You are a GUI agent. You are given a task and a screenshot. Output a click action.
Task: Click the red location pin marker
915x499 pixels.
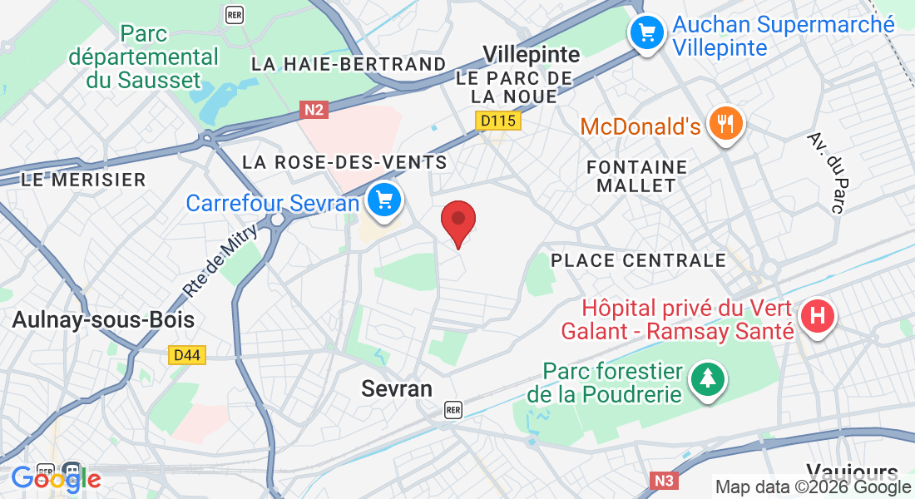[457, 220]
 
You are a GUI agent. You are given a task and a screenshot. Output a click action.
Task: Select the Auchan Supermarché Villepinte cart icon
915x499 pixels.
[646, 33]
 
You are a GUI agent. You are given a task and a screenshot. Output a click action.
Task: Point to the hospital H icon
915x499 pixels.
[818, 317]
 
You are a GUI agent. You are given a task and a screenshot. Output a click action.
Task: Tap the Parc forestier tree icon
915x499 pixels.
[707, 380]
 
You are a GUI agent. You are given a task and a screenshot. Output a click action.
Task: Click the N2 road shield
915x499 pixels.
[313, 109]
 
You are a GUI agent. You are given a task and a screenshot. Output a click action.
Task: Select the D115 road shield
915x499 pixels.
[497, 121]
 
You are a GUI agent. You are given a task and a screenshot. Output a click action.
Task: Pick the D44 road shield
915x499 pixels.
[186, 355]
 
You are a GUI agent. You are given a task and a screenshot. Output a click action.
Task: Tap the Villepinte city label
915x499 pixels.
[532, 56]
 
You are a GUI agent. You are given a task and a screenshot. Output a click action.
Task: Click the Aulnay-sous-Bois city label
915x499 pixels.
[103, 320]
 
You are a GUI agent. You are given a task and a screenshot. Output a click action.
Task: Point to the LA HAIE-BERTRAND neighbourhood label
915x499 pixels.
[349, 64]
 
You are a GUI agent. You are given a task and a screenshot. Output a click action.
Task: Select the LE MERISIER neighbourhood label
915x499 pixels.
[83, 179]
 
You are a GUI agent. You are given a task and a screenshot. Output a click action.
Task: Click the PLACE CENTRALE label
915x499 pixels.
[639, 260]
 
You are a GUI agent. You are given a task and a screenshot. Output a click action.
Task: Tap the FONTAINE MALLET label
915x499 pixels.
[637, 176]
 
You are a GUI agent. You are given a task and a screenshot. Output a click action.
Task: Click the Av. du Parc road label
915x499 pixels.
[825, 173]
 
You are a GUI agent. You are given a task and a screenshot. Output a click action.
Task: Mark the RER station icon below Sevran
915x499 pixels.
[453, 409]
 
